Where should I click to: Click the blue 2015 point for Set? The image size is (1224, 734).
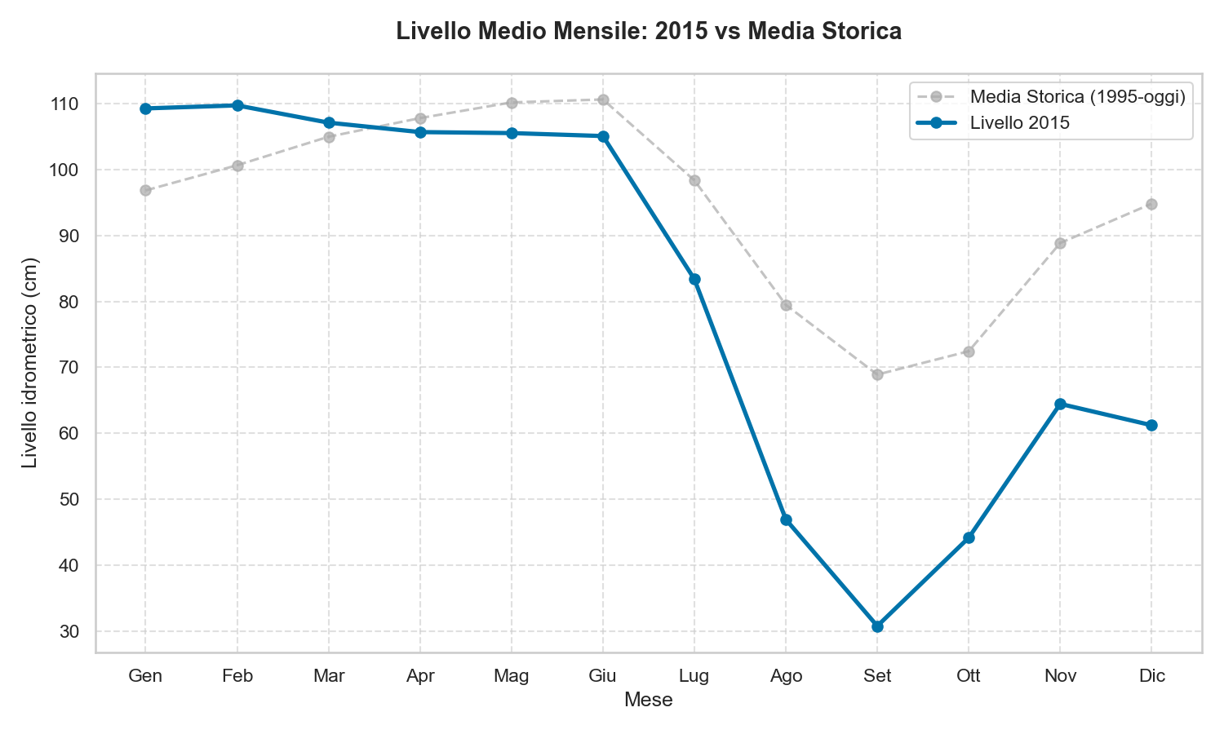(877, 626)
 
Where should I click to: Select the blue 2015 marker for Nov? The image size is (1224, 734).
(1060, 404)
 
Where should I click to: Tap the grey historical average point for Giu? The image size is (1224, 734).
(603, 99)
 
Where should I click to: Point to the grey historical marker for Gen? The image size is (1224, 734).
(145, 190)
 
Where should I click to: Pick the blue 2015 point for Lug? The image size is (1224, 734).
(694, 279)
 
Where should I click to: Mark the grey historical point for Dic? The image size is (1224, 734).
(1151, 204)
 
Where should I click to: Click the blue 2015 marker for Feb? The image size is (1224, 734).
(237, 105)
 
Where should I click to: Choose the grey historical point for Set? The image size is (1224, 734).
(877, 374)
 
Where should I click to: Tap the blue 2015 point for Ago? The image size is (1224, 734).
(786, 520)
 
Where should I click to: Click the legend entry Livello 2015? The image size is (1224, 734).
(1019, 123)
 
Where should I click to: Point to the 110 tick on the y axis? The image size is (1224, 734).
(67, 104)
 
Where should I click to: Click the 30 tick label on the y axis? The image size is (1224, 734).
(71, 632)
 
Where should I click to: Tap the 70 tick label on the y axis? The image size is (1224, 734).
(71, 368)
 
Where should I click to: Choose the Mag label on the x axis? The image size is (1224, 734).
(512, 676)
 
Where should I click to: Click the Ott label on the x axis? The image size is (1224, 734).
(969, 676)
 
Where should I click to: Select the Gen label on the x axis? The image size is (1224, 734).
(145, 676)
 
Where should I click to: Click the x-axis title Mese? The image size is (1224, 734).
(648, 700)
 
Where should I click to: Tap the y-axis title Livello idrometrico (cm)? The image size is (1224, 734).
(30, 363)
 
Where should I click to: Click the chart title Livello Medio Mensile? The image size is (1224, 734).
(648, 32)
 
